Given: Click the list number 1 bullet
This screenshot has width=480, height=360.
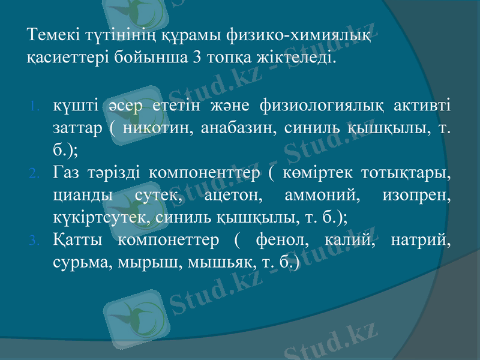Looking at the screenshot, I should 35,108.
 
